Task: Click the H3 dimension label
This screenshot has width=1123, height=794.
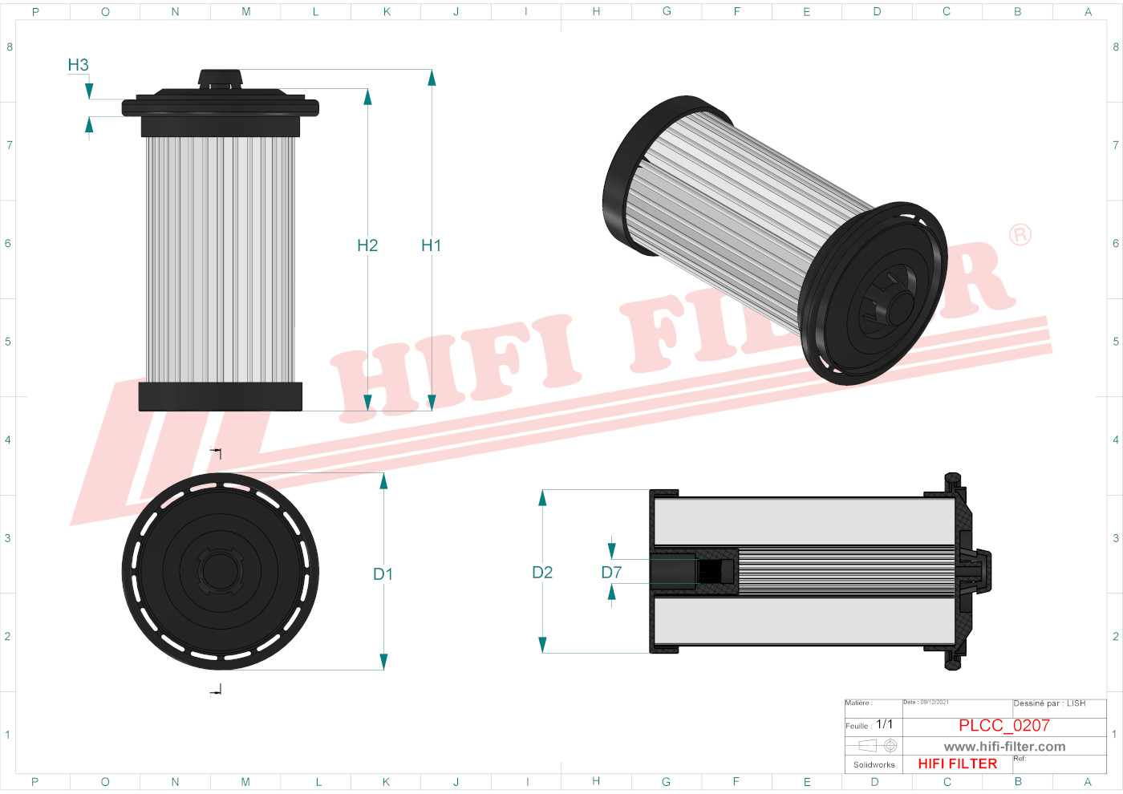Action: point(78,65)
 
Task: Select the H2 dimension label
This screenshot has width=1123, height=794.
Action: point(367,245)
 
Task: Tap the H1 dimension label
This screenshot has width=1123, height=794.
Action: point(431,245)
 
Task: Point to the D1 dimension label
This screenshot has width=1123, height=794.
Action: point(383,574)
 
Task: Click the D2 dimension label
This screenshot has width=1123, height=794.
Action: point(542,573)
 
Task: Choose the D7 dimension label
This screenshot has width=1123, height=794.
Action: point(611,573)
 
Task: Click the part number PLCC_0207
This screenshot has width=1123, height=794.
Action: point(1003,725)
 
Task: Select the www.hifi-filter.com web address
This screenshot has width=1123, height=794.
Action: point(1004,747)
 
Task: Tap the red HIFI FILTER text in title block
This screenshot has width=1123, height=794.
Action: point(957,764)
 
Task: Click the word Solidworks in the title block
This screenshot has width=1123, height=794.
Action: point(874,764)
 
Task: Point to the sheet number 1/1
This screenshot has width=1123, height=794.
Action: point(884,724)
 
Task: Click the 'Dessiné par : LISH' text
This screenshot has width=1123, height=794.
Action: point(1049,703)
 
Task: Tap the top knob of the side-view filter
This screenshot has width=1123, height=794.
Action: point(221,78)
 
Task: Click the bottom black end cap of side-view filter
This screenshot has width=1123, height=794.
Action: point(221,396)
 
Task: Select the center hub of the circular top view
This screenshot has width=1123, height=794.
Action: point(220,571)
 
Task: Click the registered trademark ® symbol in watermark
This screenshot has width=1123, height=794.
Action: point(1020,235)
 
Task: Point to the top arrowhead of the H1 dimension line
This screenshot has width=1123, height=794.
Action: point(432,78)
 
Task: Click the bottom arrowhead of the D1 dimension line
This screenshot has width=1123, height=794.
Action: point(383,662)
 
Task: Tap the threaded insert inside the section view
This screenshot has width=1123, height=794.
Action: point(716,571)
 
